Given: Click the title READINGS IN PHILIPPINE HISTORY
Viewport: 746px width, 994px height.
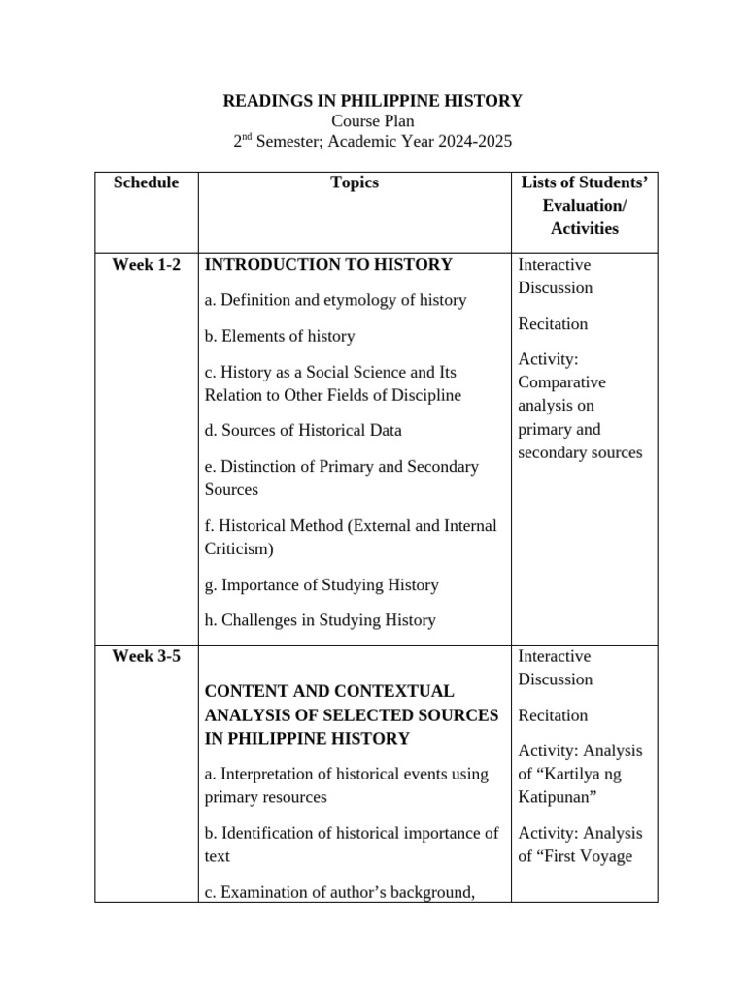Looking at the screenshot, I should point(373,100).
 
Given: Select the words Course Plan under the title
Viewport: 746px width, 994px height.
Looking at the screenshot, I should point(373,121).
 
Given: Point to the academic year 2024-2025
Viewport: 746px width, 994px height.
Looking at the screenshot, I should point(470,143).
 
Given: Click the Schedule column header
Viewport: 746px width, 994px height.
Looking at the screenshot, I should point(146,182).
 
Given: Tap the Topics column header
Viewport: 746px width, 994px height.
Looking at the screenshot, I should point(355,182).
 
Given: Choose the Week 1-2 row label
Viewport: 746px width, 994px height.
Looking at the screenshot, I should point(146,264).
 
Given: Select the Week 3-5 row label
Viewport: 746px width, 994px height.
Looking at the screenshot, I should point(146,656).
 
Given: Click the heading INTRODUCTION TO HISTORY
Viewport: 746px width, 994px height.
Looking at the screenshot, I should point(328,264).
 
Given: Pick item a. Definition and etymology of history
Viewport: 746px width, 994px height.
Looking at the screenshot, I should point(335,300).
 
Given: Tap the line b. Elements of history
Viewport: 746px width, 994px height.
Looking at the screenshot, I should point(280,336).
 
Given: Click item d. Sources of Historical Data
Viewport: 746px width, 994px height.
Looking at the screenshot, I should point(303,430).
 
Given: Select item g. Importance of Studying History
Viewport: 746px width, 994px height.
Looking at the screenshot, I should point(322,584).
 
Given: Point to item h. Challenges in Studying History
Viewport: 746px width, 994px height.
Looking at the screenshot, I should point(321,620).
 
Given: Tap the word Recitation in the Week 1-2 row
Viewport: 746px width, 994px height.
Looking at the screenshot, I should point(553,323).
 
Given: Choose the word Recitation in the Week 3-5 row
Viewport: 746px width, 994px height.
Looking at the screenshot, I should point(553,715).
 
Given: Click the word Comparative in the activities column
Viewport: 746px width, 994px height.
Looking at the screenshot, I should point(561,382).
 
